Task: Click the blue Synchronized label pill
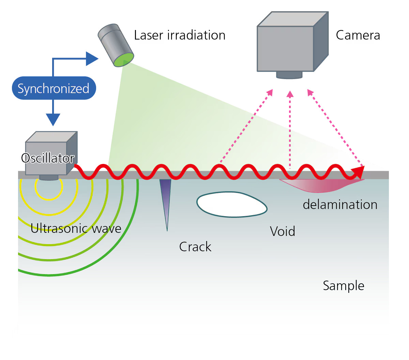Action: [x=54, y=88]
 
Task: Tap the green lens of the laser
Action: [x=123, y=60]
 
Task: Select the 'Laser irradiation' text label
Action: [x=180, y=35]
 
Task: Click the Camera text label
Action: [x=358, y=35]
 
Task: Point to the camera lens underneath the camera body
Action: [x=289, y=75]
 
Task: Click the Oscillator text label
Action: [x=48, y=158]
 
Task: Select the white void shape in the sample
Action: [x=232, y=205]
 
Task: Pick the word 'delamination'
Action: [x=340, y=205]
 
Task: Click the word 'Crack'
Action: [x=195, y=247]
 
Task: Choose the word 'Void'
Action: [x=282, y=231]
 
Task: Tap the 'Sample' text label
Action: [x=343, y=286]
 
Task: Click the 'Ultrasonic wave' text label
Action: [x=76, y=228]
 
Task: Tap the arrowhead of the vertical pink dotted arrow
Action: [x=290, y=94]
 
